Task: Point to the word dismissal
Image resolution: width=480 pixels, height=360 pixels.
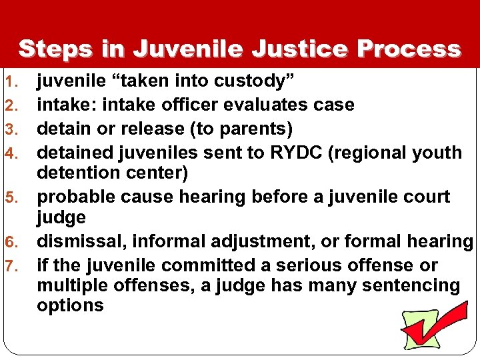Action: coord(76,242)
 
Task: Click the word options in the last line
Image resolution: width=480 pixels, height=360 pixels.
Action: coord(70,307)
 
